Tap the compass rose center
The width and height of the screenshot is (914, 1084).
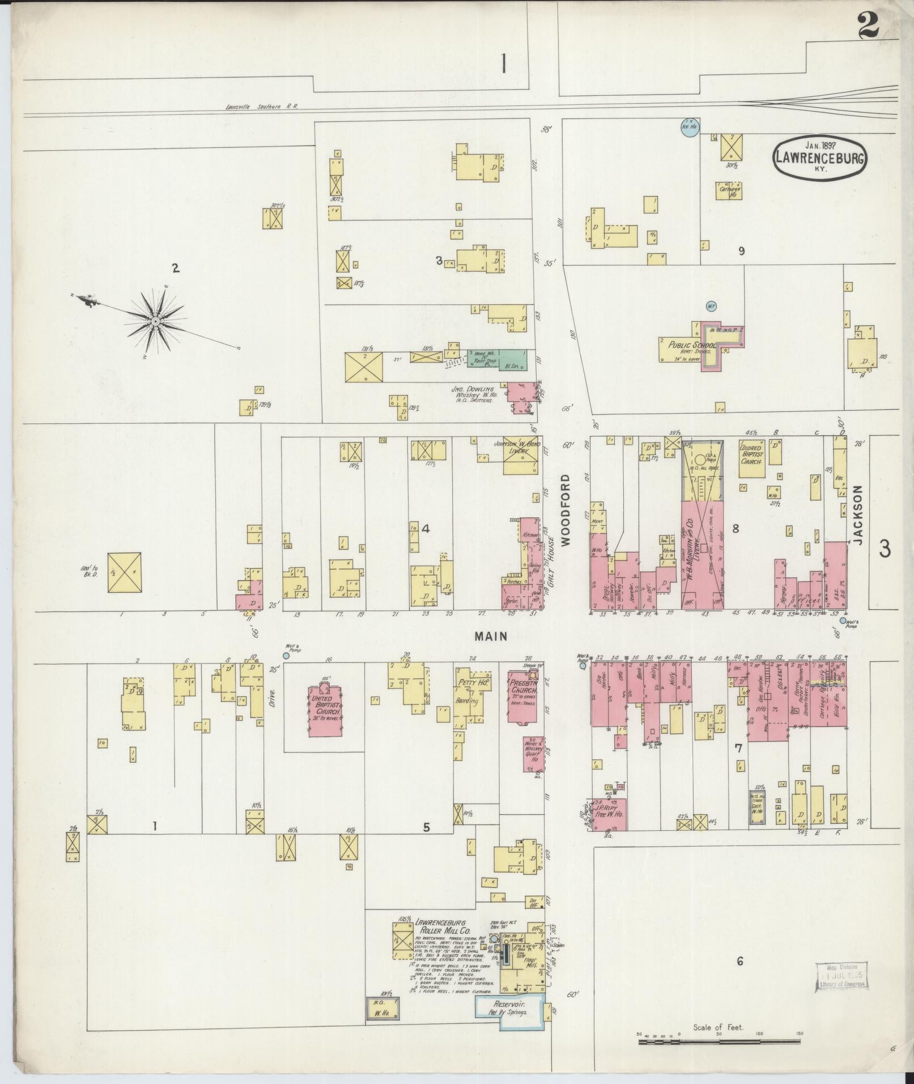[154, 321]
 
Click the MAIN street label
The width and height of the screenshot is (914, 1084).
[491, 636]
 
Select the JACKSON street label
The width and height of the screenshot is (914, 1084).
[857, 515]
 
